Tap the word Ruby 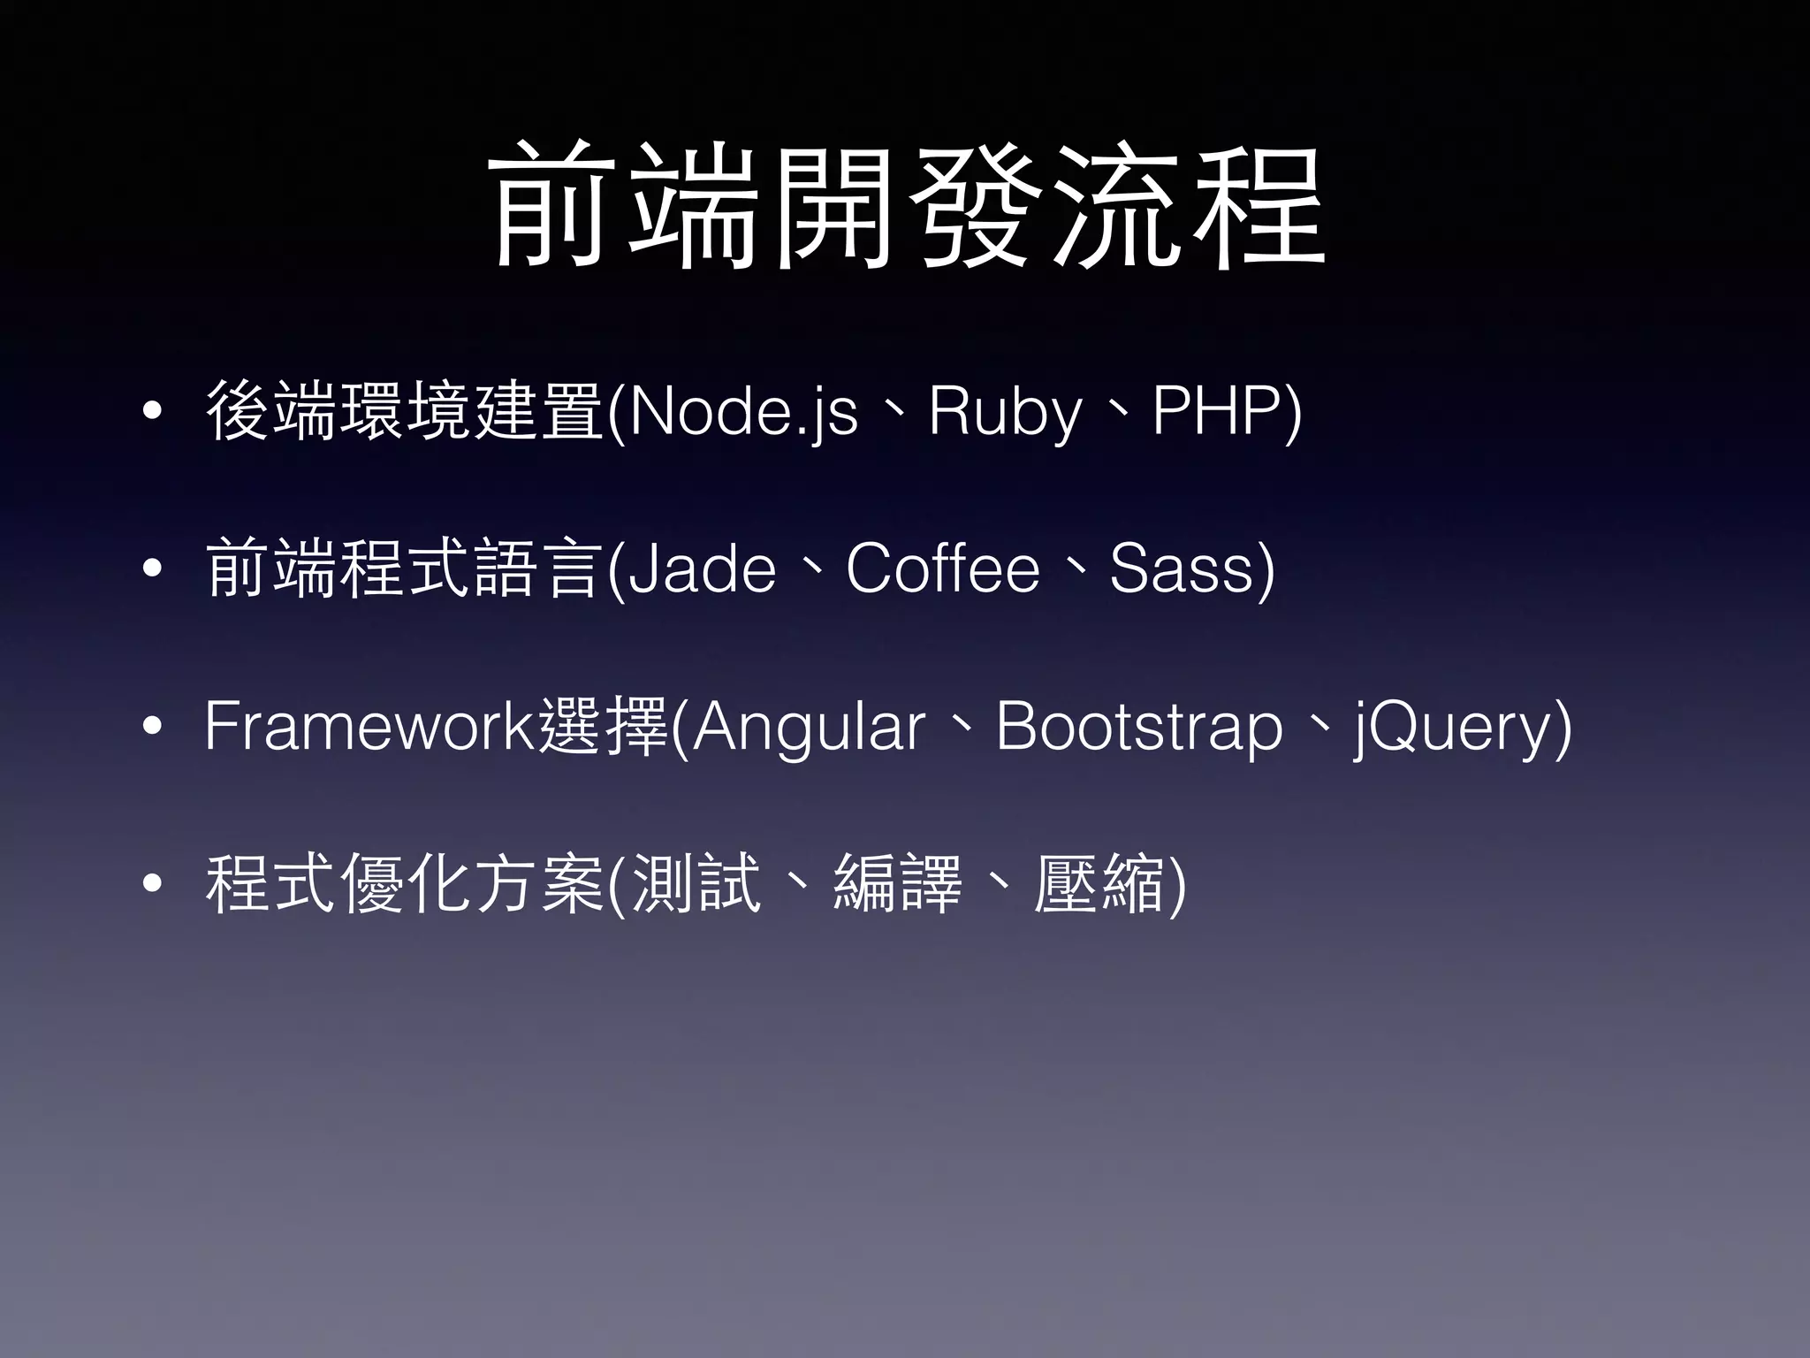[x=1005, y=412]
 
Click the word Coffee [x=942, y=568]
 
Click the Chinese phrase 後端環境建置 [x=405, y=410]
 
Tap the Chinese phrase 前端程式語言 [x=405, y=568]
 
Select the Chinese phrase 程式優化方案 [x=405, y=883]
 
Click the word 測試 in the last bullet [x=697, y=883]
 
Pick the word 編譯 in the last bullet [x=898, y=883]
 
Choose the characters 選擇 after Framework [x=603, y=726]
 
